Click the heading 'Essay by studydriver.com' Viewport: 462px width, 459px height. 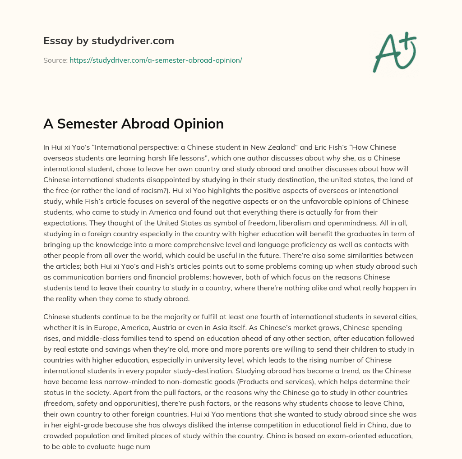point(109,41)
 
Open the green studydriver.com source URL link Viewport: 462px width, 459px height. point(156,60)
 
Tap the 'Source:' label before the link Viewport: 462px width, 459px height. point(55,60)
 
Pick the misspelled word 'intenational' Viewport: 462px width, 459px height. point(391,190)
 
